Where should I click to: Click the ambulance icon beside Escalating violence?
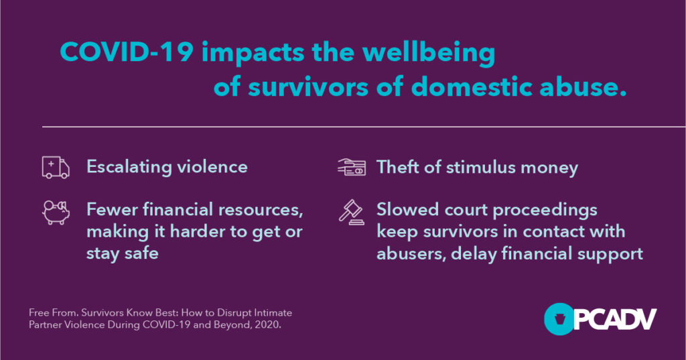(x=56, y=168)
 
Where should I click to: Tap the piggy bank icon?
(x=56, y=213)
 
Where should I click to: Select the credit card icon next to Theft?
(x=352, y=166)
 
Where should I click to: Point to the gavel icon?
(x=352, y=213)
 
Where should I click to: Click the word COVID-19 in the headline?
(x=127, y=52)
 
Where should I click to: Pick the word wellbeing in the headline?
(x=429, y=53)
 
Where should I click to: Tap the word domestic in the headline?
(x=472, y=86)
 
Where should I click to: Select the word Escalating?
(x=129, y=168)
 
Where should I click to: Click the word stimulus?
(x=480, y=168)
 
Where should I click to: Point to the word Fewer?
(x=111, y=209)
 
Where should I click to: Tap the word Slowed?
(x=407, y=209)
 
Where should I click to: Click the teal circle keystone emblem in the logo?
(x=559, y=319)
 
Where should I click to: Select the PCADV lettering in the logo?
(x=615, y=319)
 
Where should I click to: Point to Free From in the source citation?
(x=54, y=312)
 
